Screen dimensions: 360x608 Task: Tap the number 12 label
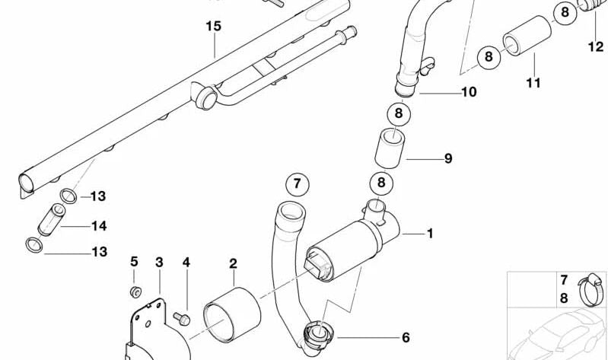pyautogui.click(x=595, y=46)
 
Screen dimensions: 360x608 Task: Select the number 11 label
pyautogui.click(x=533, y=82)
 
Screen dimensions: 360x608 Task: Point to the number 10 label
pyautogui.click(x=469, y=93)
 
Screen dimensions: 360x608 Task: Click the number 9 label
pyautogui.click(x=448, y=159)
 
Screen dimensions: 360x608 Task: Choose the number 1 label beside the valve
pyautogui.click(x=430, y=234)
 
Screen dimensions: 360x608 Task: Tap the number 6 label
pyautogui.click(x=406, y=337)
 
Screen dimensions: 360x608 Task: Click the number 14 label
pyautogui.click(x=98, y=226)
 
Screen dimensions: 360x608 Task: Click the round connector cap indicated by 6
pyautogui.click(x=315, y=334)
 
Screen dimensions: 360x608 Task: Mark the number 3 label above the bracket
pyautogui.click(x=159, y=263)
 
